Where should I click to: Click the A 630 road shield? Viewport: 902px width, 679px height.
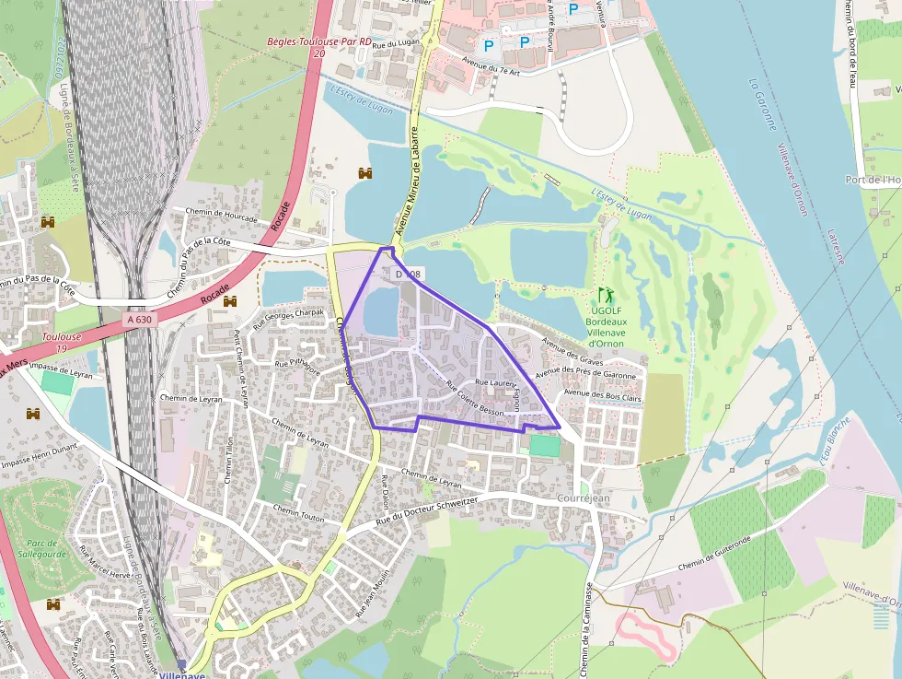pos(139,319)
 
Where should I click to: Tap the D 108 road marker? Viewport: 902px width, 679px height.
pos(408,274)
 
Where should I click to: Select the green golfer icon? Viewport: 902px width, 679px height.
pos(606,296)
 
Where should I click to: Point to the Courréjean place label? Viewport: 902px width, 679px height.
pos(584,498)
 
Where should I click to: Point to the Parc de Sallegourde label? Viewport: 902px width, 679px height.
pos(43,549)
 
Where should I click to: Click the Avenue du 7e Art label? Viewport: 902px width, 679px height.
pos(497,71)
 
